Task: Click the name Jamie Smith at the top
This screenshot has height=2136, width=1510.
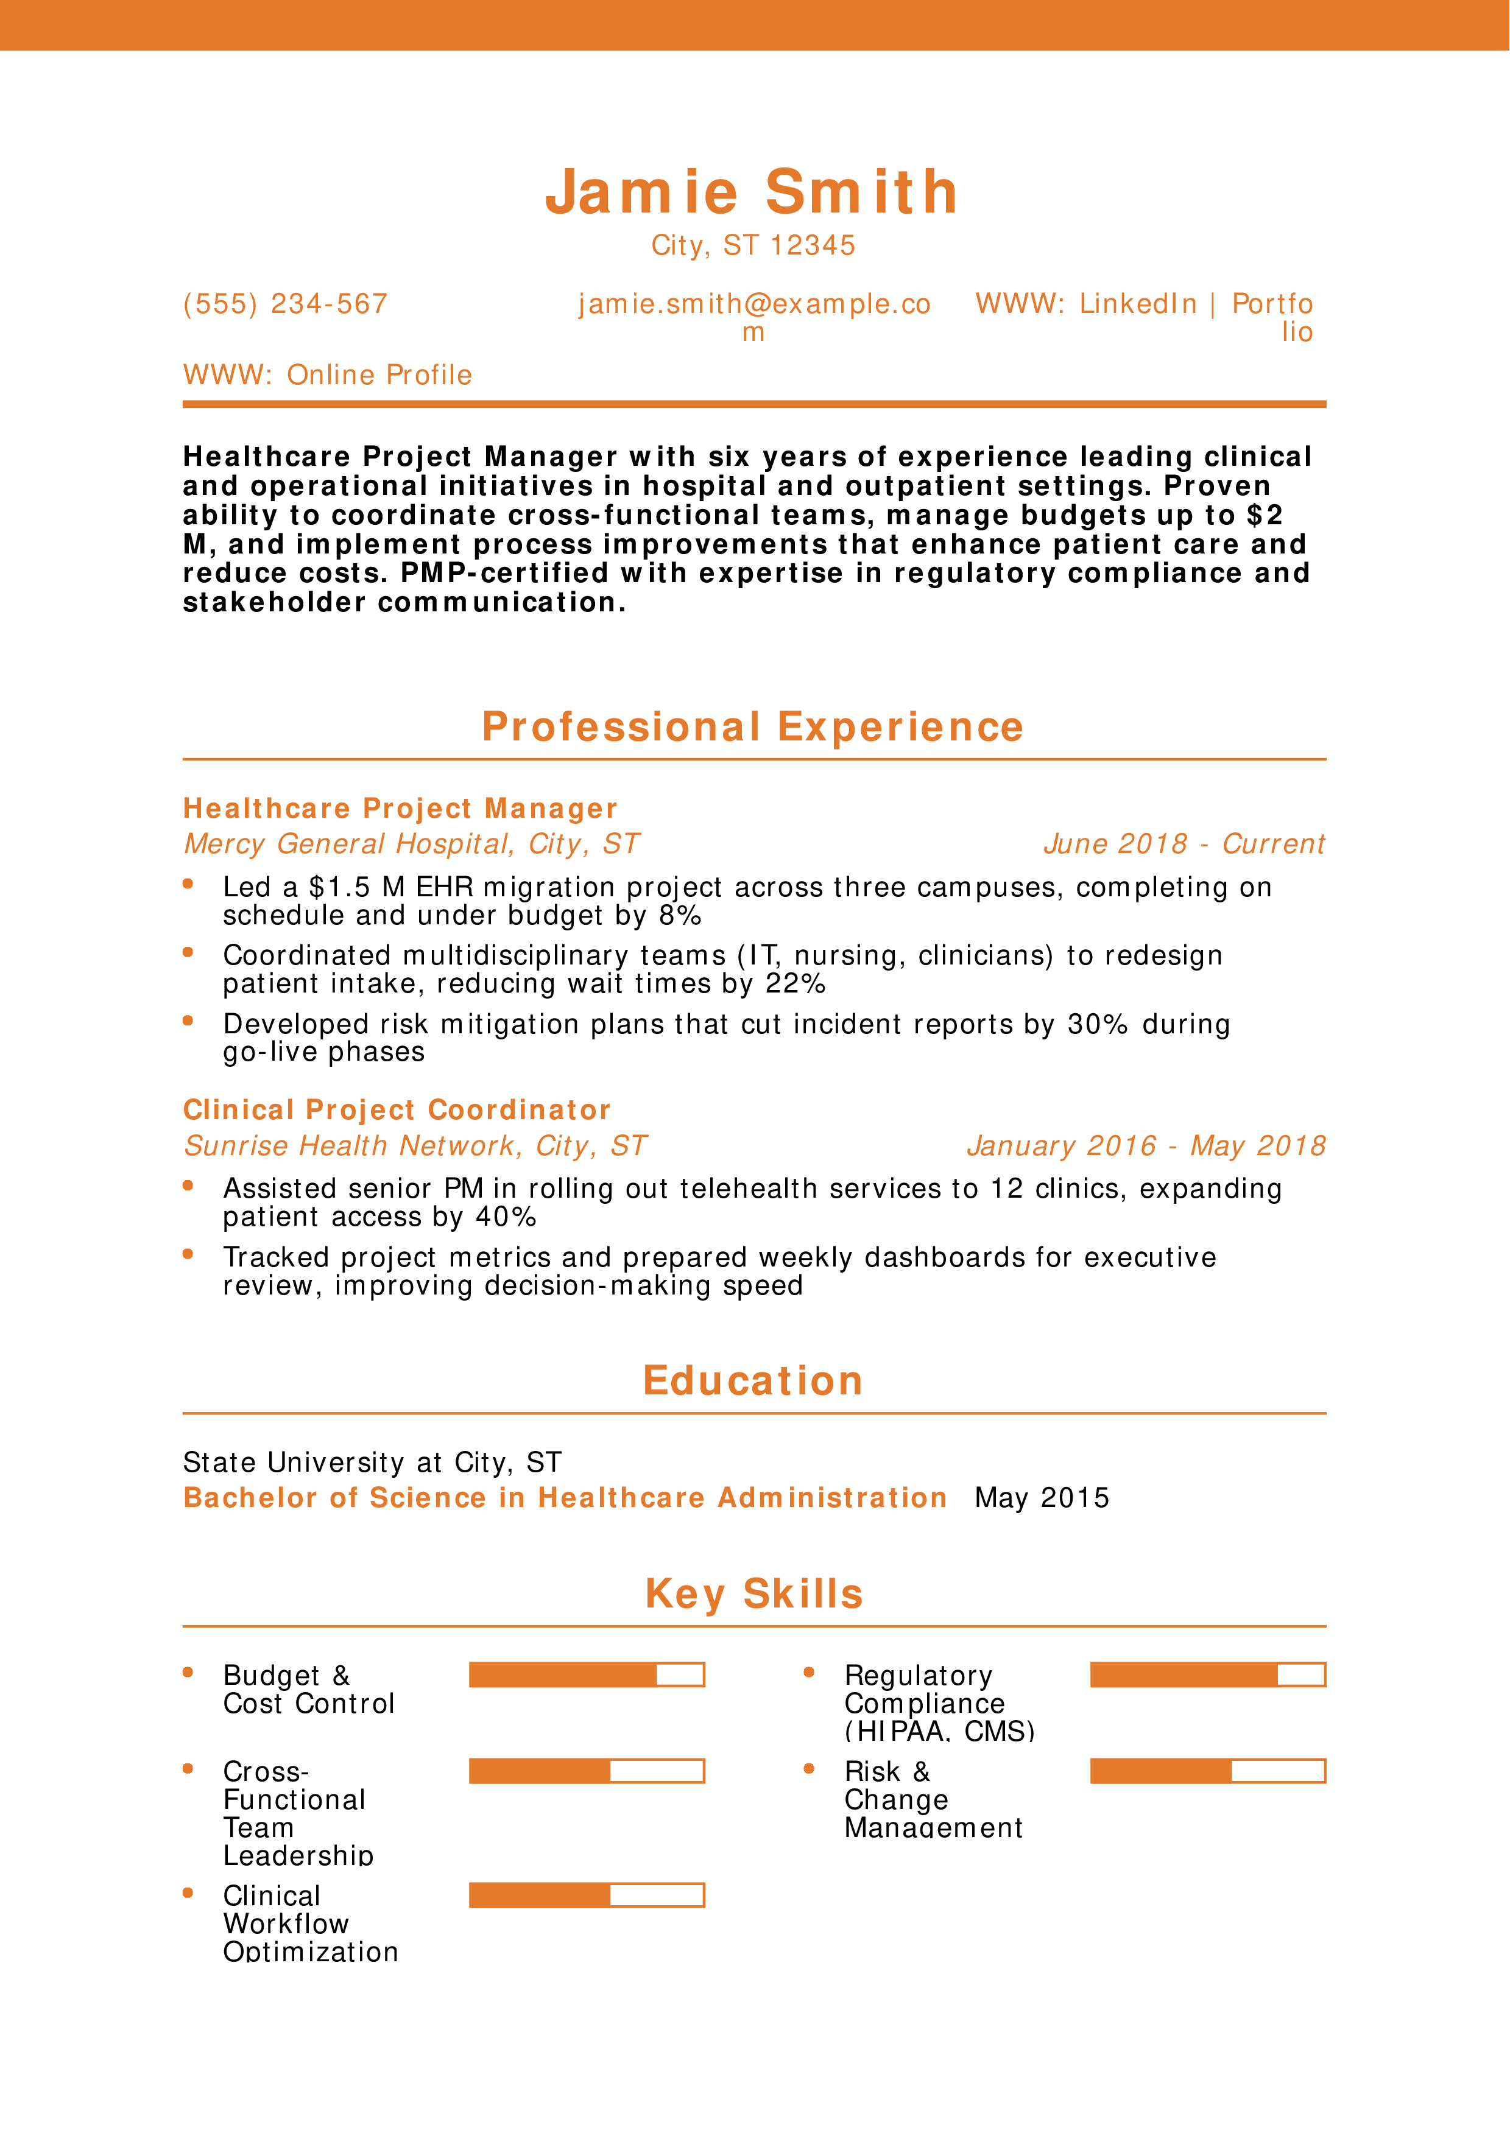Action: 752,192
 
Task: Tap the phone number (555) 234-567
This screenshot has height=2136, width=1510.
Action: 284,304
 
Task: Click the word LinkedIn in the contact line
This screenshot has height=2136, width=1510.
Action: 1138,304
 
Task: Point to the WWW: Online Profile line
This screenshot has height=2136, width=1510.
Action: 328,375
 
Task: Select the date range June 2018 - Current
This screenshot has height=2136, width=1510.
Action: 1184,844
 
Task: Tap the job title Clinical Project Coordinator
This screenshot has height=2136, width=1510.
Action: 397,1110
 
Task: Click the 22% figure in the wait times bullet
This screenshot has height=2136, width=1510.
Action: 796,984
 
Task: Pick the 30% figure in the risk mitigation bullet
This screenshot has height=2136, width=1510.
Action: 1097,1024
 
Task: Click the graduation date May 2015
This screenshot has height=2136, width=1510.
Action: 1042,1498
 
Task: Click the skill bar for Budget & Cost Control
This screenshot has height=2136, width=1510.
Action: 586,1674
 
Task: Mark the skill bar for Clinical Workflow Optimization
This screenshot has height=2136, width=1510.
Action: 586,1895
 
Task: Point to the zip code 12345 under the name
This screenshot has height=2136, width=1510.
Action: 812,245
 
